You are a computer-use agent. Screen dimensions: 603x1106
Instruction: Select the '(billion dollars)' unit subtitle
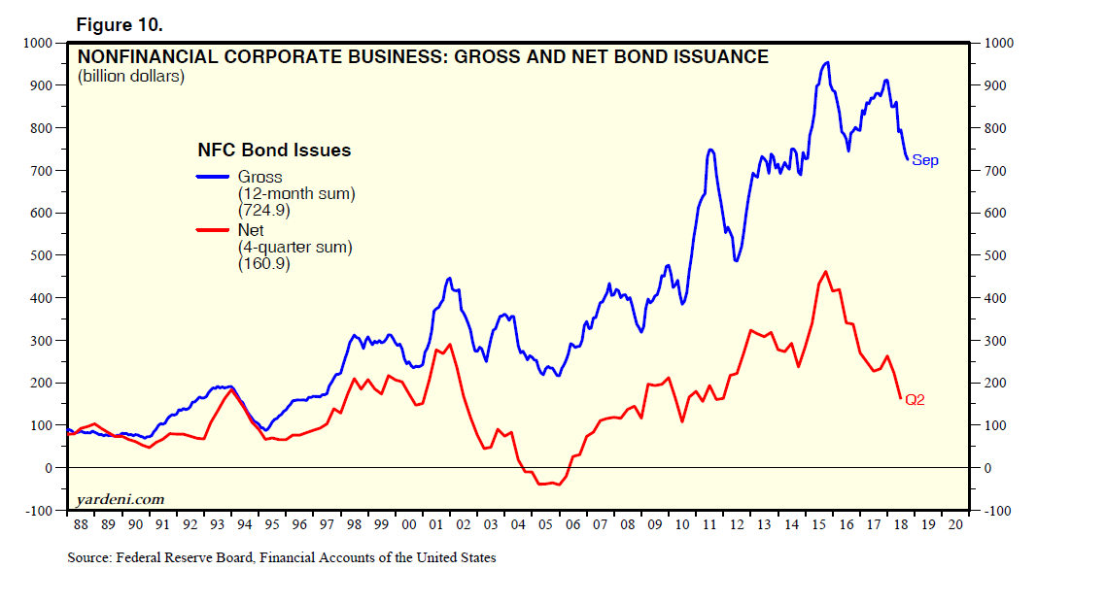click(x=130, y=76)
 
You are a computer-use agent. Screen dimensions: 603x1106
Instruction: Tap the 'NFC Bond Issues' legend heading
click(x=273, y=151)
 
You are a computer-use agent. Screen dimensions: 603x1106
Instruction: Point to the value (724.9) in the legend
click(x=263, y=210)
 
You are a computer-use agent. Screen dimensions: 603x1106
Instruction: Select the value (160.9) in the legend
click(x=263, y=263)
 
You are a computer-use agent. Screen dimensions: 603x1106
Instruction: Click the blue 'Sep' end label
click(x=925, y=160)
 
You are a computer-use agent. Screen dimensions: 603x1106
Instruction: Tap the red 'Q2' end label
click(x=915, y=399)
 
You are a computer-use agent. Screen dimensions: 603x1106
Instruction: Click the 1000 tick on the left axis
click(x=38, y=43)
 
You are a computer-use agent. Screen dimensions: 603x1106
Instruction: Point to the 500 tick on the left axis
click(x=42, y=255)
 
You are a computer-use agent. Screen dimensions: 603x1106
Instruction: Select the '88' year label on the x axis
click(x=80, y=524)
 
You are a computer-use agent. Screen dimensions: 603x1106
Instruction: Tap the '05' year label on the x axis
click(x=545, y=524)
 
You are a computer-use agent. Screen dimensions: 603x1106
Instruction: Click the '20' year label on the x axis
click(x=957, y=524)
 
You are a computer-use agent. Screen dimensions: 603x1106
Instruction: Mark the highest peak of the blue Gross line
click(x=826, y=62)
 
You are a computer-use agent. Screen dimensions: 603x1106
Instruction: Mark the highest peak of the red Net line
click(x=825, y=272)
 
